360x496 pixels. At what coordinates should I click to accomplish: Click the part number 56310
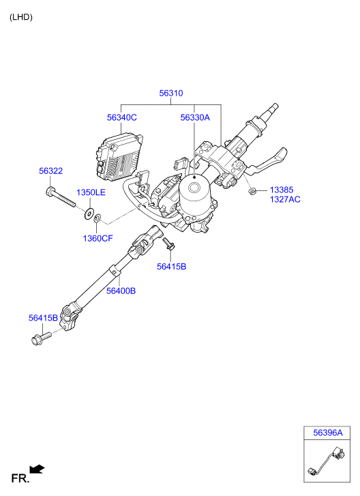tap(171, 93)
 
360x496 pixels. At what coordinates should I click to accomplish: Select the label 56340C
tap(121, 117)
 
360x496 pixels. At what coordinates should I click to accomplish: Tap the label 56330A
tap(195, 117)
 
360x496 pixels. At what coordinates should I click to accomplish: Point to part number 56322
tap(51, 171)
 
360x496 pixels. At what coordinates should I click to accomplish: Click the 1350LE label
tap(91, 192)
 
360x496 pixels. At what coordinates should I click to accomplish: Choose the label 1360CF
tap(97, 238)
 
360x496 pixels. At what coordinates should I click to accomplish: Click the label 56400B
tap(121, 291)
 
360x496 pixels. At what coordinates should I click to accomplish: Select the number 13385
tap(282, 190)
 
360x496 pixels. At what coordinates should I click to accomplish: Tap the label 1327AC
tap(285, 199)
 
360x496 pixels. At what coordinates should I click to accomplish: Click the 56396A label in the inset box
tap(328, 433)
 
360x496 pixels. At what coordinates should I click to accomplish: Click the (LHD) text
tap(21, 17)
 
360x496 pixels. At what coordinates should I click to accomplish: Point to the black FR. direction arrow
tap(37, 469)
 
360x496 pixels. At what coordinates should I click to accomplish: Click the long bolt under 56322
tap(61, 197)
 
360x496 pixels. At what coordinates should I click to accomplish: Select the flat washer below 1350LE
tap(89, 213)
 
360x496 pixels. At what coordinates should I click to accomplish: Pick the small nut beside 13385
tap(252, 192)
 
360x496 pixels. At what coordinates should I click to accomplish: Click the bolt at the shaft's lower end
tap(41, 338)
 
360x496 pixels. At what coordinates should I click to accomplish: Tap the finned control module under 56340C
tap(119, 157)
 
